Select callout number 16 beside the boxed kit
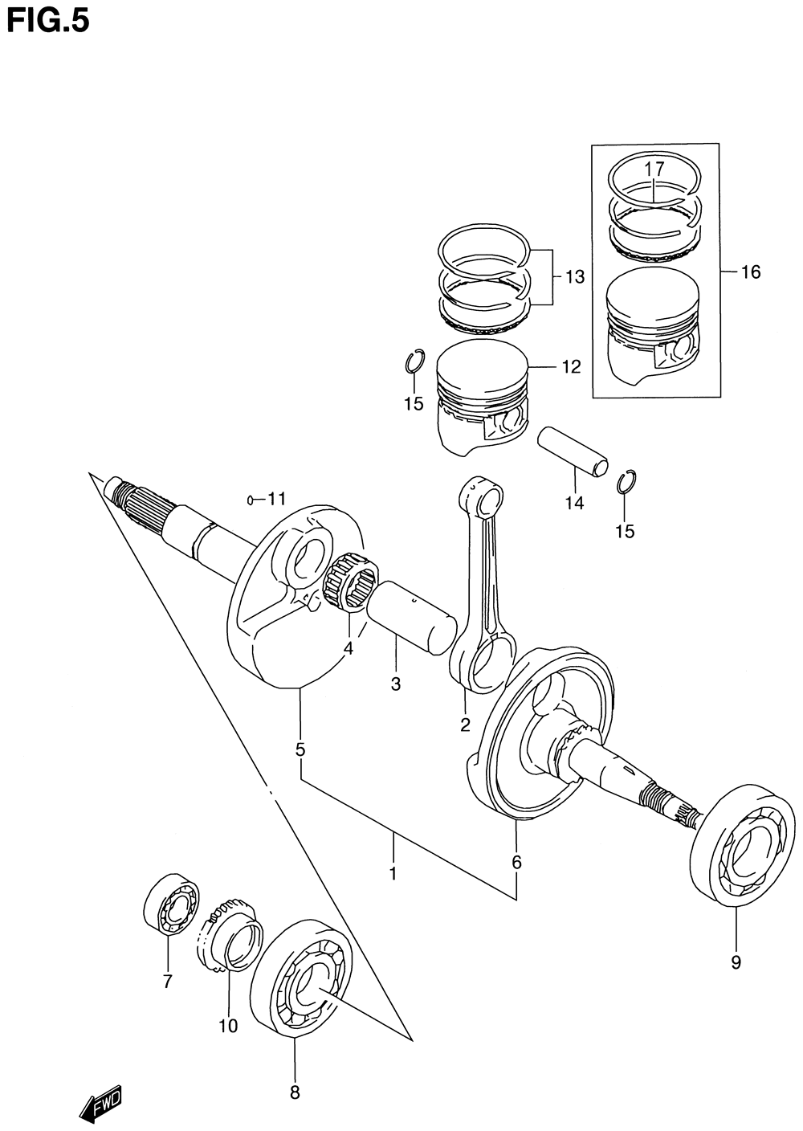750,272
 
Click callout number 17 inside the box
654,169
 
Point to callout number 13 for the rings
574,277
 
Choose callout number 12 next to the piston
570,367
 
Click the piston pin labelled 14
573,453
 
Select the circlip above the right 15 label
627,482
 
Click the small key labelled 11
252,500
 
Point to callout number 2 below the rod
465,725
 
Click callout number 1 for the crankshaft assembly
393,872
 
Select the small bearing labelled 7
170,903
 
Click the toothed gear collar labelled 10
231,940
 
